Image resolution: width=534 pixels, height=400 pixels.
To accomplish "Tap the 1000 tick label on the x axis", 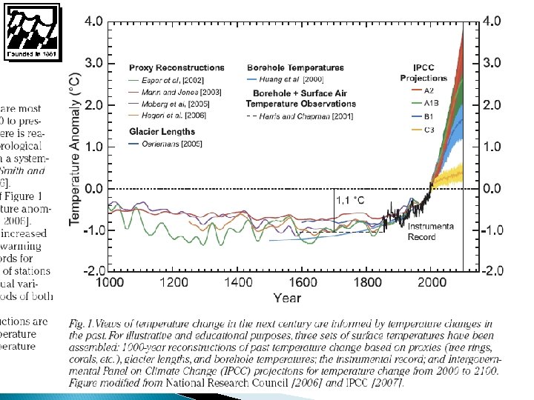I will (110, 282).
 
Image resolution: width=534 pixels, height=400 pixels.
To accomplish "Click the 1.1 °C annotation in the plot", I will (350, 199).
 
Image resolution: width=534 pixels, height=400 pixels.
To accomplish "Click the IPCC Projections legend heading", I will (423, 72).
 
